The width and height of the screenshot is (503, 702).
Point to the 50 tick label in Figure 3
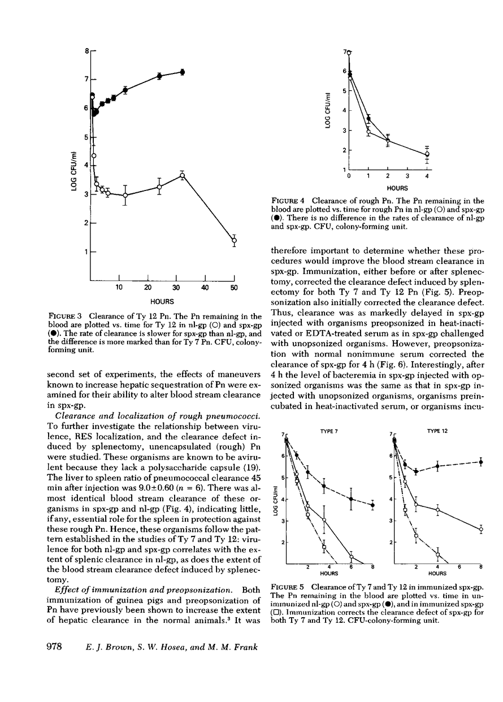[234, 288]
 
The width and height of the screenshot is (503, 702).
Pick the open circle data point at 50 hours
[234, 241]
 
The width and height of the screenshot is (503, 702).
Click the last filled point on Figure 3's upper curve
[182, 72]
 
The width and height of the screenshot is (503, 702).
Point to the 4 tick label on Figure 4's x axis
[427, 176]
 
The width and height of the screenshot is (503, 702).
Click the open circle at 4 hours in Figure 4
[427, 154]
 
